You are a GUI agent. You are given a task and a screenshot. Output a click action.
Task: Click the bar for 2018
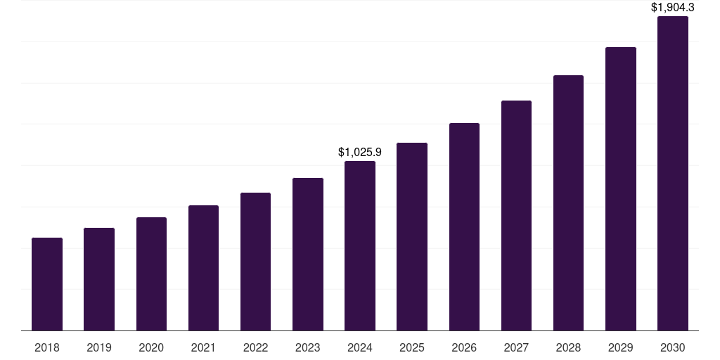(x=47, y=284)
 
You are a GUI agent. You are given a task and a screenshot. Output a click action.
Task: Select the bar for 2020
(x=151, y=274)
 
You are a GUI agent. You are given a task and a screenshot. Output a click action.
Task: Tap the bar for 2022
(x=255, y=262)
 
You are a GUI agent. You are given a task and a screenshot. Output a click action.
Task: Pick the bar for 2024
(x=360, y=246)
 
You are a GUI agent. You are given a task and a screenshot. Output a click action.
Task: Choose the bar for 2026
(x=464, y=227)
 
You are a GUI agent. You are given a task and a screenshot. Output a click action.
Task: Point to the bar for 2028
(x=568, y=203)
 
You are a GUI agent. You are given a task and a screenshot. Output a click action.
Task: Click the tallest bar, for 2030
(x=673, y=174)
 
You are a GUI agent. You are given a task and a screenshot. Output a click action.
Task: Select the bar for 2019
(x=99, y=279)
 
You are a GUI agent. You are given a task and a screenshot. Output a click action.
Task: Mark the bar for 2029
(x=621, y=189)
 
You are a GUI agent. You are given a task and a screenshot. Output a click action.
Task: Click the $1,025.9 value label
(x=360, y=152)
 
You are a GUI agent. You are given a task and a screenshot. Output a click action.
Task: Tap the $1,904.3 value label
(x=673, y=8)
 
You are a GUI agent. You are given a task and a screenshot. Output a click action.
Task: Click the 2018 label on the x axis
(x=47, y=347)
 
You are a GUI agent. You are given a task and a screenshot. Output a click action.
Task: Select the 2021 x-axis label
(x=203, y=347)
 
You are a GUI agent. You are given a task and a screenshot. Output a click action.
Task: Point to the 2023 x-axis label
(x=308, y=347)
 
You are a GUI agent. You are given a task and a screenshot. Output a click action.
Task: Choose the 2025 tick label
(x=412, y=347)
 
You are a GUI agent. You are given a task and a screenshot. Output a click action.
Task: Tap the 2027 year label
(x=516, y=347)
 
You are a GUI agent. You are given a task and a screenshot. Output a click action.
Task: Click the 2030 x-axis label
(x=673, y=347)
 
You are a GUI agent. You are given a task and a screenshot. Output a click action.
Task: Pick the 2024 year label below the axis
(x=360, y=347)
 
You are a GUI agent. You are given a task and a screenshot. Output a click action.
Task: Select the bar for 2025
(x=412, y=237)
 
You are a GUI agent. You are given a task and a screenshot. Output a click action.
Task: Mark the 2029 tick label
(x=621, y=347)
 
